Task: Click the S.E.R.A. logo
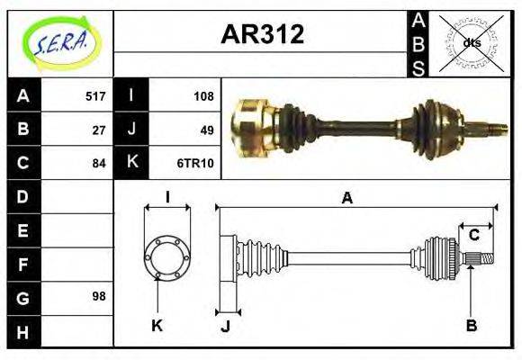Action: [59, 43]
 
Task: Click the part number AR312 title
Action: [262, 35]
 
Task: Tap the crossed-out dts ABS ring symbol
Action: [471, 43]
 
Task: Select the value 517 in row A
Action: [95, 96]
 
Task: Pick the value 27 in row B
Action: [99, 130]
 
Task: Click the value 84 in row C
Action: [99, 163]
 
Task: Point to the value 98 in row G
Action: [99, 296]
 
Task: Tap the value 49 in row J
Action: [206, 130]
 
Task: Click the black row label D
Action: [22, 196]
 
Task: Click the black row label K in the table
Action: [131, 163]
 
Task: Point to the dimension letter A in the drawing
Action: [346, 198]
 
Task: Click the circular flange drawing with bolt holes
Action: [167, 256]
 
